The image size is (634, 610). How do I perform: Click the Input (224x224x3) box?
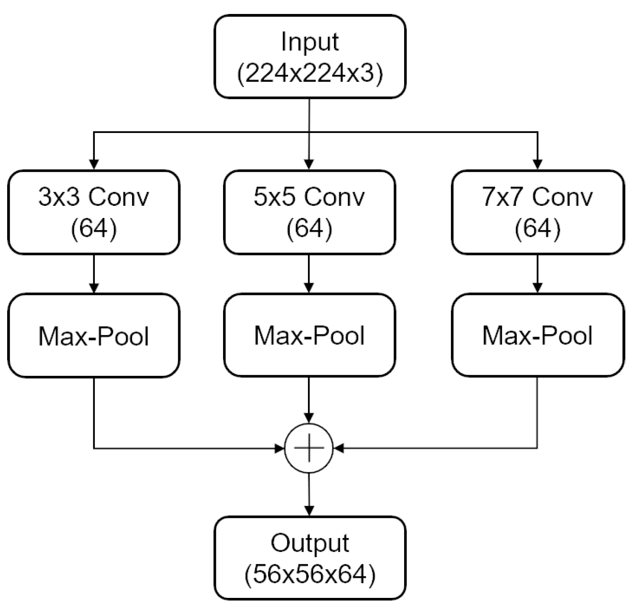coord(310,57)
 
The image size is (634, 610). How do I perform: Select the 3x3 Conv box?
coord(94,212)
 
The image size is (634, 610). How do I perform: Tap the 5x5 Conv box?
coord(309,212)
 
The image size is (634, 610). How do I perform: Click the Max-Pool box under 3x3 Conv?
coord(94,335)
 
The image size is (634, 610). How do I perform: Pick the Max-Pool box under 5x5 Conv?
coord(309,335)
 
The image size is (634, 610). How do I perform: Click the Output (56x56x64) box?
coord(310,558)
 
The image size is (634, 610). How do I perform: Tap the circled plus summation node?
coord(309,448)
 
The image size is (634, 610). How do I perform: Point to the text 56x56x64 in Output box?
coord(310,574)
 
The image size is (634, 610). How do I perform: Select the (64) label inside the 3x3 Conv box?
coord(94,228)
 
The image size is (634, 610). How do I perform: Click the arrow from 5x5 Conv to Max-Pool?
coord(309,274)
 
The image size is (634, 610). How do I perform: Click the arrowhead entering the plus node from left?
coord(279,448)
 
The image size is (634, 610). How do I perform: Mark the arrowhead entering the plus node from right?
coord(339,448)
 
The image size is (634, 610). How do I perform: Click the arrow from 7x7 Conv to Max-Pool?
coord(537,274)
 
